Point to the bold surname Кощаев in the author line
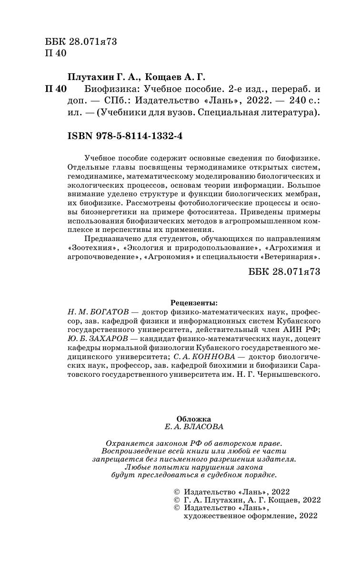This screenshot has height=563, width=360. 165,77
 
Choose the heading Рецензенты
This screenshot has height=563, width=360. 193,302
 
